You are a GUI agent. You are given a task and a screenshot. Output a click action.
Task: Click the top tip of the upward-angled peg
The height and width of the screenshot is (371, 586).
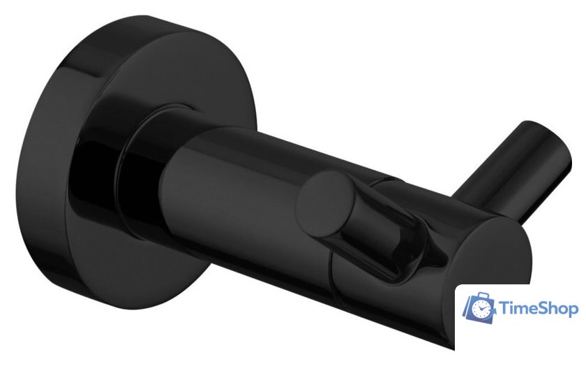point(551,140)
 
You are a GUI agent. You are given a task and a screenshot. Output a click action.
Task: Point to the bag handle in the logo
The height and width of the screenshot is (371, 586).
point(479,296)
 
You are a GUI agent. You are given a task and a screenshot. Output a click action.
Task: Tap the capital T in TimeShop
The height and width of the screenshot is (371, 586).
point(506,308)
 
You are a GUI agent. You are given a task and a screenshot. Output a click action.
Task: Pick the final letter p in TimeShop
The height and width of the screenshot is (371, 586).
point(573,310)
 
